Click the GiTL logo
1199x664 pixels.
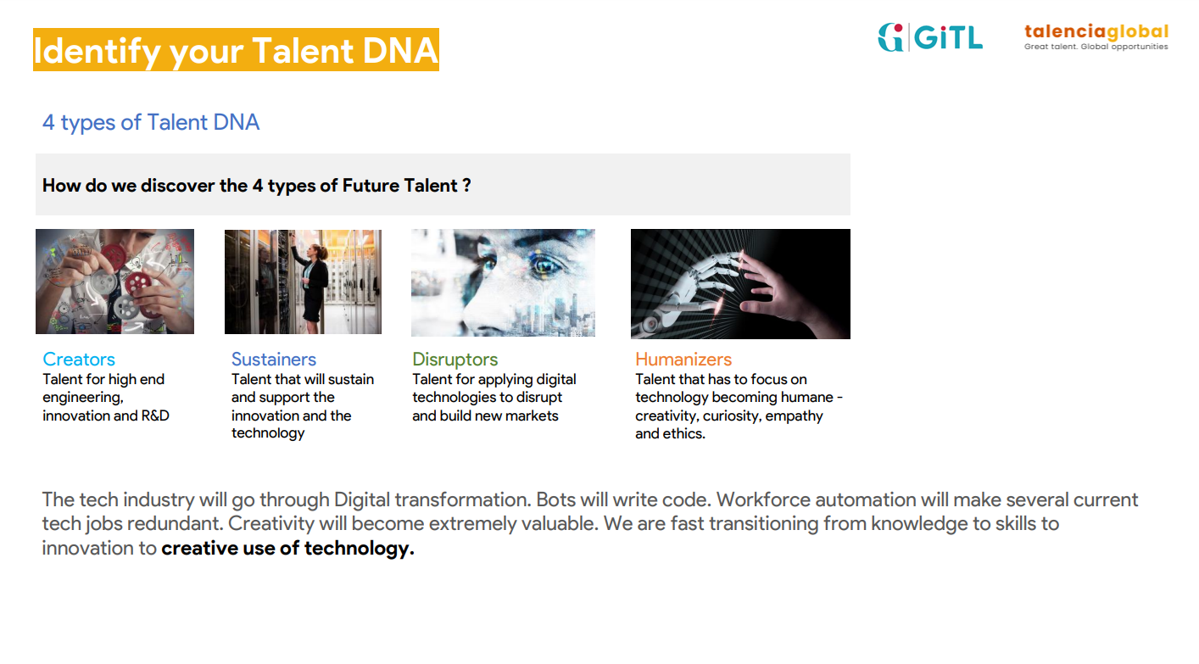pyautogui.click(x=930, y=37)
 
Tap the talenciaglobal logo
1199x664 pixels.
pyautogui.click(x=1096, y=37)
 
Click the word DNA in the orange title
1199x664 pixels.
pyautogui.click(x=400, y=51)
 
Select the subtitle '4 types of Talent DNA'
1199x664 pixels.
pyautogui.click(x=151, y=123)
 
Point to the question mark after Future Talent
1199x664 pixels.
pyautogui.click(x=466, y=185)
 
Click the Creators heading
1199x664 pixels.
pyautogui.click(x=79, y=359)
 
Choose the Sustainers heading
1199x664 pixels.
pyautogui.click(x=274, y=359)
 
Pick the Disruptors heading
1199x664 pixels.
pyautogui.click(x=455, y=359)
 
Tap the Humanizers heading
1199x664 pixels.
pyautogui.click(x=683, y=359)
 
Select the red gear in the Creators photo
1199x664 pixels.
pyautogui.click(x=138, y=282)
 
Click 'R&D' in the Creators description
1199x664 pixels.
pyautogui.click(x=155, y=416)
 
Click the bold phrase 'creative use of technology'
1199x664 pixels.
pyautogui.click(x=287, y=549)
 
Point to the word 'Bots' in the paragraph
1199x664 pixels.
pyautogui.click(x=555, y=499)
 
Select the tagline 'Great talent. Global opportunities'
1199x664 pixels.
pyautogui.click(x=1096, y=47)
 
